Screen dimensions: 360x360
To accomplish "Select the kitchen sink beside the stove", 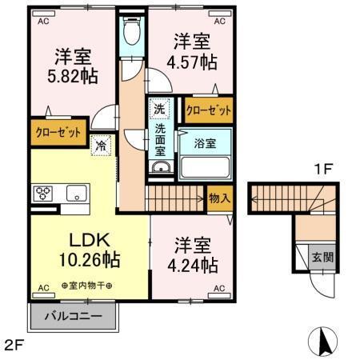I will tap(77, 193).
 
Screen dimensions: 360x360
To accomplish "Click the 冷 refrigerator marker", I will tap(101, 146).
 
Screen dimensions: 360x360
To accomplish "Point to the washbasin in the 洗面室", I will tap(159, 166).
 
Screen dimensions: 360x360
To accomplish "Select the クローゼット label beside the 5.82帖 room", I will tap(58, 133).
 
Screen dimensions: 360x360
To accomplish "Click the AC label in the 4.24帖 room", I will tap(218, 288).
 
